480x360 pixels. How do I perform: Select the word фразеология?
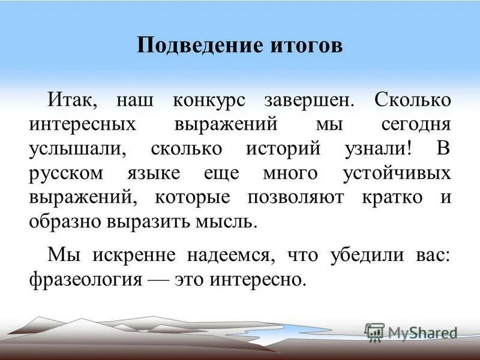pyautogui.click(x=85, y=279)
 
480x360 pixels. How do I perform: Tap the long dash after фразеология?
pyautogui.click(x=155, y=279)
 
